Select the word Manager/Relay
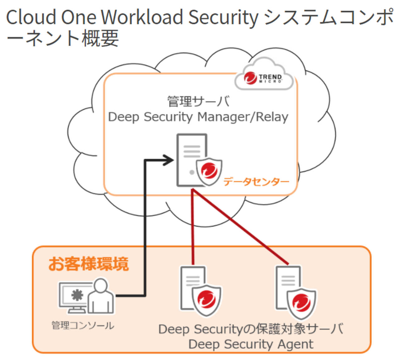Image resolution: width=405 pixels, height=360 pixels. point(243,117)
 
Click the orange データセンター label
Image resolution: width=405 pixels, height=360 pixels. point(256,181)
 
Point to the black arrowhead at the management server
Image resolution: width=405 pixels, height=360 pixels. point(169,160)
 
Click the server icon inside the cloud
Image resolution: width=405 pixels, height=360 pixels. point(191,159)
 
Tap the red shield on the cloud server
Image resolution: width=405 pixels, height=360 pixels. point(209,171)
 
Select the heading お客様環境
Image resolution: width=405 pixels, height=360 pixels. point(88,264)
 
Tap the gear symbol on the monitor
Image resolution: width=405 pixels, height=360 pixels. point(77,295)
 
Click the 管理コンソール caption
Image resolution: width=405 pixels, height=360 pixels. point(83,326)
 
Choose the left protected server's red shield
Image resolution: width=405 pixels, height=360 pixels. point(207,299)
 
